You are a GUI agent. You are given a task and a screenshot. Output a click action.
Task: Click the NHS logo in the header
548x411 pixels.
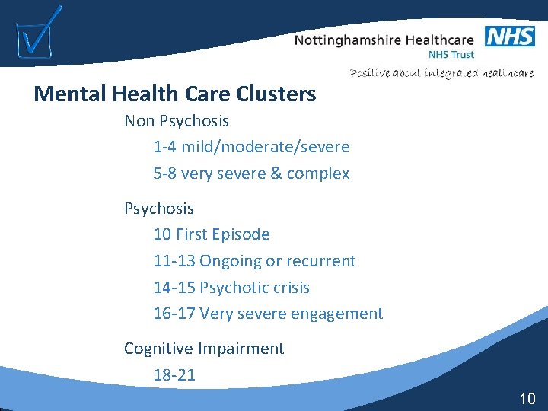[x=509, y=36]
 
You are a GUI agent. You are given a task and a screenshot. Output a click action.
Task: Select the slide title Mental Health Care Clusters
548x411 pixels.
[x=174, y=94]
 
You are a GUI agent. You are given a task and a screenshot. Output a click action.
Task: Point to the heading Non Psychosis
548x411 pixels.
[x=177, y=121]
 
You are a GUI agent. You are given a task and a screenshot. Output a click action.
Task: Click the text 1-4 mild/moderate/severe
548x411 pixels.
[x=251, y=147]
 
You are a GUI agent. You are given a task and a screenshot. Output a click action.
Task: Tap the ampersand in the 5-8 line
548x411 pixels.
[x=279, y=174]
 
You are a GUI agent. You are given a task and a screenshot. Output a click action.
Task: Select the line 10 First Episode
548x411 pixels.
[x=212, y=234]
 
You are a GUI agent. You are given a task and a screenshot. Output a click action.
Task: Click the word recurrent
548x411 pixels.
[x=320, y=261]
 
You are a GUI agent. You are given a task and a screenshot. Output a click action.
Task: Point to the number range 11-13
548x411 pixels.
[x=174, y=261]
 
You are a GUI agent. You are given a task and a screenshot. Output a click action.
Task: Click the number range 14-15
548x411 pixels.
[x=174, y=288]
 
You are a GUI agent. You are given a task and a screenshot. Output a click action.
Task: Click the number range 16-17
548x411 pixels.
[x=174, y=314]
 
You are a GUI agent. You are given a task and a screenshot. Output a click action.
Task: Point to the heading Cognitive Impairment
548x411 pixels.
[x=204, y=349]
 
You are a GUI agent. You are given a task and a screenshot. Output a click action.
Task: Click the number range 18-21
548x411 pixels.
[x=174, y=375]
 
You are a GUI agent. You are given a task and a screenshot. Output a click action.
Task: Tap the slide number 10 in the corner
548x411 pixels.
[x=527, y=398]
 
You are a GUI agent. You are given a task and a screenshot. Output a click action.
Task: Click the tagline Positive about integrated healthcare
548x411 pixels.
[x=441, y=73]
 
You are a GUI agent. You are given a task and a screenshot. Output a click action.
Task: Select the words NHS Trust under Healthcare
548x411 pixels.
[x=451, y=55]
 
